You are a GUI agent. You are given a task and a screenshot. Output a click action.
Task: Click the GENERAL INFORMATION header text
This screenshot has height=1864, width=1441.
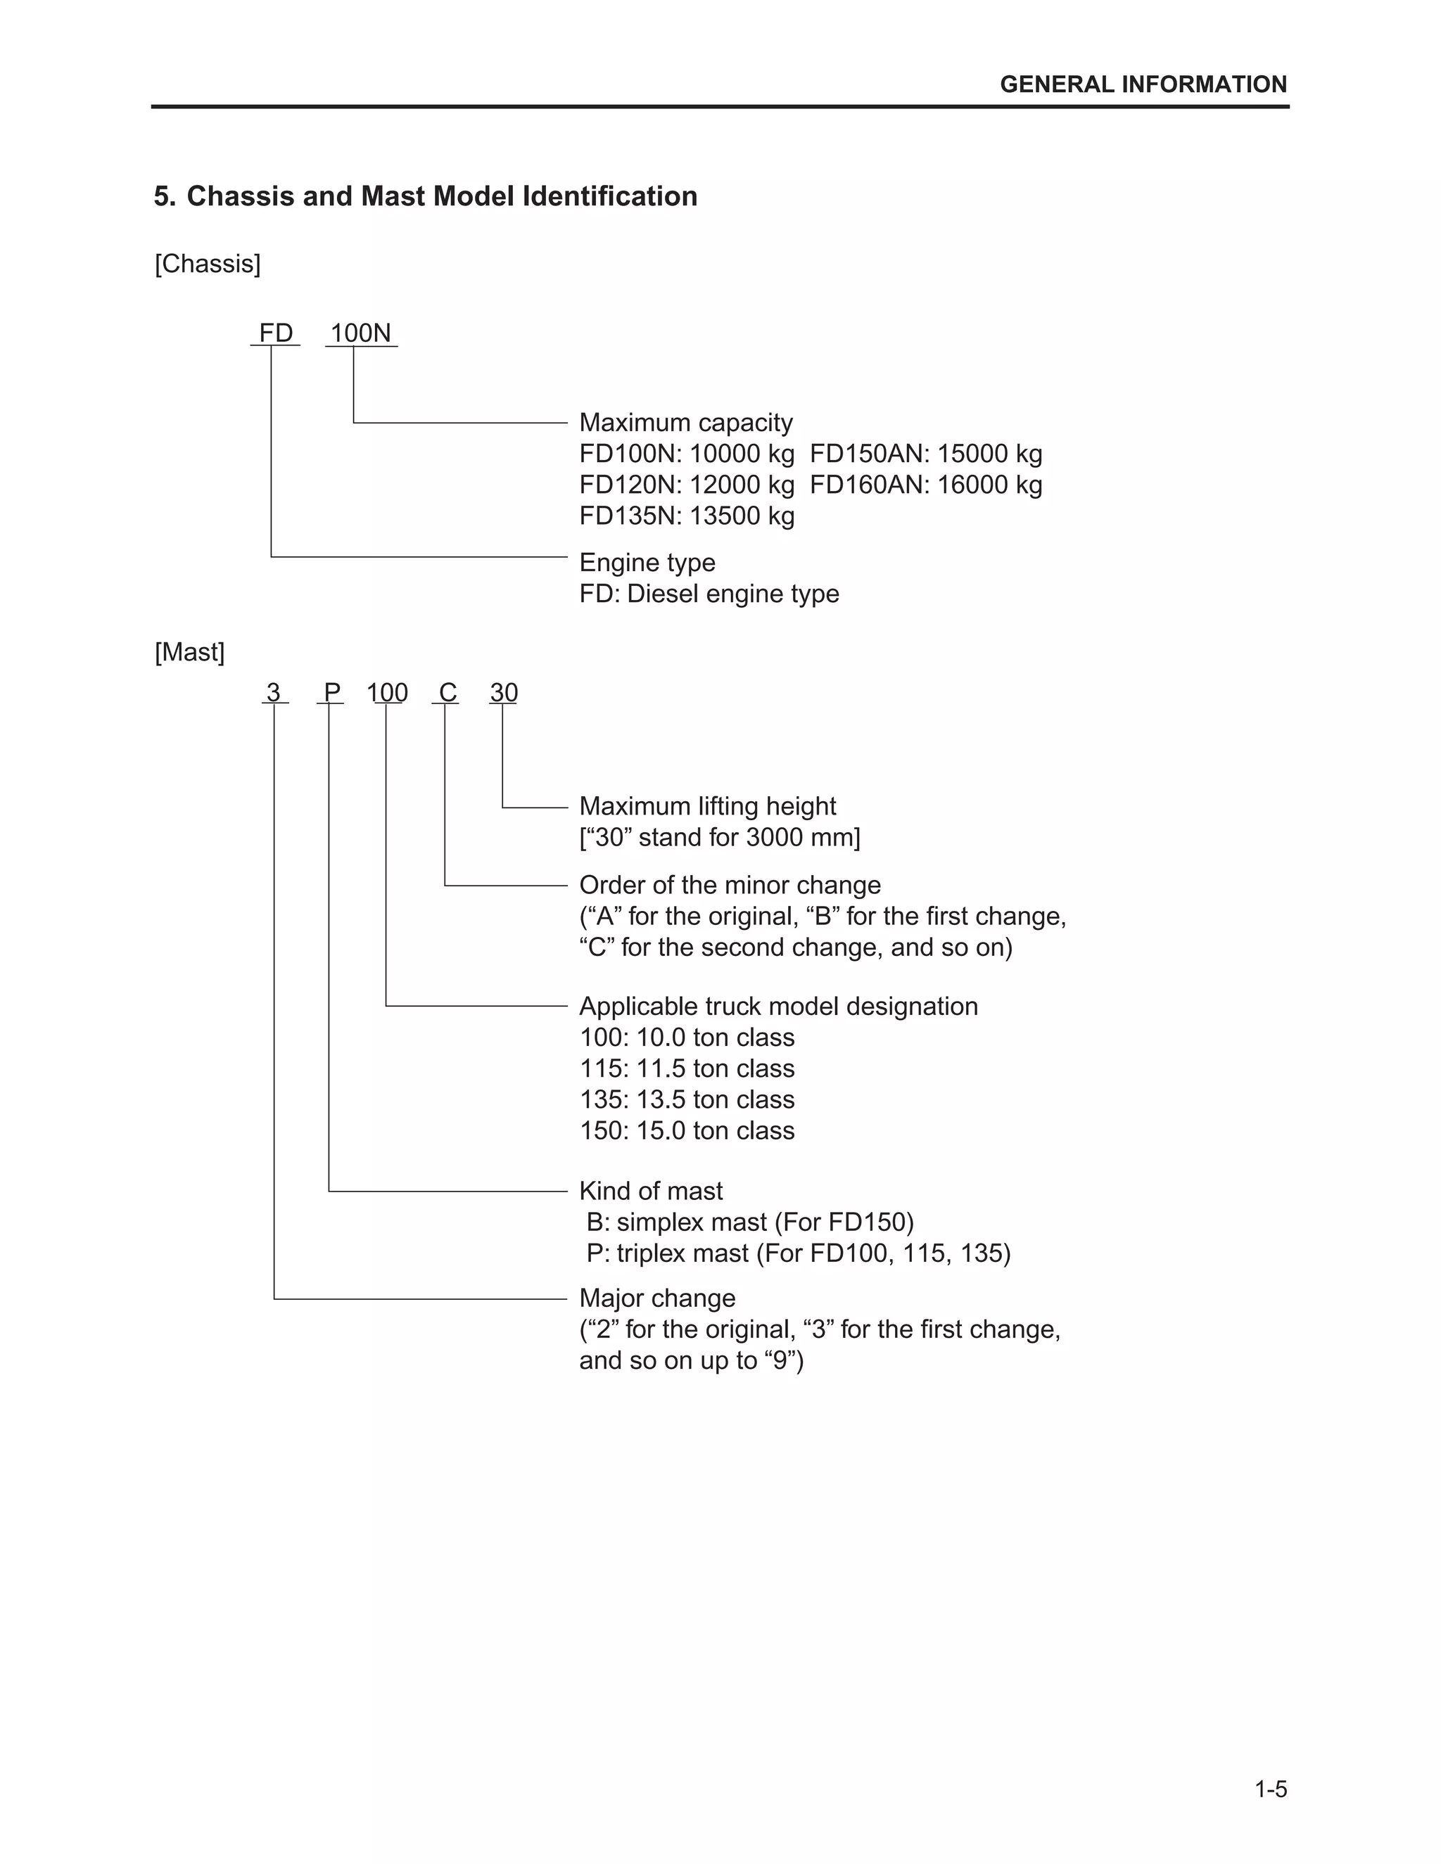[x=1143, y=84]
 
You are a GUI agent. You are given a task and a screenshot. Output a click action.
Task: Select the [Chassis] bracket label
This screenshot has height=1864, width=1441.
[x=208, y=264]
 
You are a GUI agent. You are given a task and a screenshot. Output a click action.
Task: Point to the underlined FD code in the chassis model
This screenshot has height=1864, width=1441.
[x=276, y=333]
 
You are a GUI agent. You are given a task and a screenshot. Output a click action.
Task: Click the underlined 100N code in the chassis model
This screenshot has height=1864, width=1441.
[x=360, y=333]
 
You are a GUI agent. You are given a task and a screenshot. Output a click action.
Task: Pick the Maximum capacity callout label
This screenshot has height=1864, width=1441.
[x=685, y=423]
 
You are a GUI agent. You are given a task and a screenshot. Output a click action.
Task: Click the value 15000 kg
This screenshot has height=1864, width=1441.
[x=989, y=454]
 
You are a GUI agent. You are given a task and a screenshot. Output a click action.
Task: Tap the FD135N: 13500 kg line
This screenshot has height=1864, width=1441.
[x=686, y=516]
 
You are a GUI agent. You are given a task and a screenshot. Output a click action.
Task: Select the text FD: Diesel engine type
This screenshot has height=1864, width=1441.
[x=709, y=594]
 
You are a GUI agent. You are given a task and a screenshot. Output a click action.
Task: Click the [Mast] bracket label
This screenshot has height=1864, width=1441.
[x=189, y=652]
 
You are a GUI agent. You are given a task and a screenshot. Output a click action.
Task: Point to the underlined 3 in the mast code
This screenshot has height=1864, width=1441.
[x=273, y=692]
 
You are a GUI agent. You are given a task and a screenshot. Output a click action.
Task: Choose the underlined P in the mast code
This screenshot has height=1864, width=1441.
[x=332, y=692]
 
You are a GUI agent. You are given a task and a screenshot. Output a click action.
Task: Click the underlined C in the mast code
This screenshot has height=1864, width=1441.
[x=447, y=692]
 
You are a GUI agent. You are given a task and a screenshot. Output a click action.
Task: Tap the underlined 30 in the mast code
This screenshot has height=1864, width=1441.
[x=504, y=692]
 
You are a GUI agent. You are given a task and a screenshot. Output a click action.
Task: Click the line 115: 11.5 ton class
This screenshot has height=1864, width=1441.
[x=686, y=1068]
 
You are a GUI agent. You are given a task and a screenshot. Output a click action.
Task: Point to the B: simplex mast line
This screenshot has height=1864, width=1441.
[x=749, y=1223]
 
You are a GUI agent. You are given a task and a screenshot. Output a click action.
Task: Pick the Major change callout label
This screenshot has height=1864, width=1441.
[x=656, y=1298]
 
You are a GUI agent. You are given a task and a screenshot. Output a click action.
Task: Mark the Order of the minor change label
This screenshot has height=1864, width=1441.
[x=729, y=885]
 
